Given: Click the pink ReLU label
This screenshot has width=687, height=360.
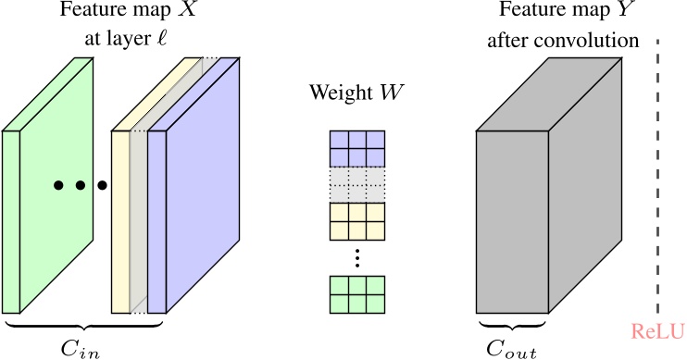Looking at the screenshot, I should click(x=656, y=330).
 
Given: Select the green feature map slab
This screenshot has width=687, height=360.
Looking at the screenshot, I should click(x=56, y=185).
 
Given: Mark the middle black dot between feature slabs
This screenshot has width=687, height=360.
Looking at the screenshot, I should click(x=80, y=186).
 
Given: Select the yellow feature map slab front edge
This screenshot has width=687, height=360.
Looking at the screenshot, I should click(x=120, y=222).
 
